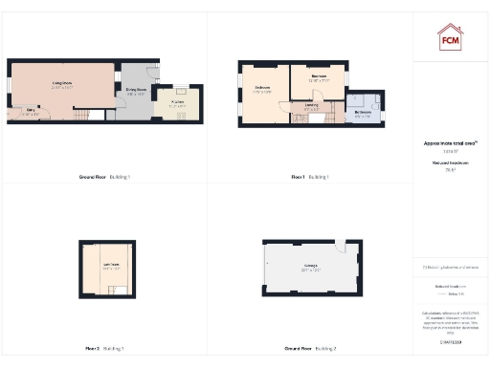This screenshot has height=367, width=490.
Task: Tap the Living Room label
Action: click(x=62, y=83)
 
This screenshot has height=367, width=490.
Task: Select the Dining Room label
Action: click(x=135, y=91)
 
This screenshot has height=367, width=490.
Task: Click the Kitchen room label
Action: click(x=178, y=101)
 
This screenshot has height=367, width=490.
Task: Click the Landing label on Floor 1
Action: click(x=312, y=106)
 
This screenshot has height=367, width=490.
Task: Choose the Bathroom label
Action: click(x=364, y=113)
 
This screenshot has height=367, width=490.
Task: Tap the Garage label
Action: click(x=311, y=264)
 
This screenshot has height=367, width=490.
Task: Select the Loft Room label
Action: click(x=110, y=267)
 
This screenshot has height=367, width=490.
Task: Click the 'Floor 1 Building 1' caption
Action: click(x=311, y=177)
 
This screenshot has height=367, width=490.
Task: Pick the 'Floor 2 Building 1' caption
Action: click(x=105, y=348)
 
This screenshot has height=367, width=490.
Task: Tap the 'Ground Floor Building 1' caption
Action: click(x=103, y=177)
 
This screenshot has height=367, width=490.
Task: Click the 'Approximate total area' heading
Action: click(x=450, y=143)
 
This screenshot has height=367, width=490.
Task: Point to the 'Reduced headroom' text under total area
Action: click(x=450, y=163)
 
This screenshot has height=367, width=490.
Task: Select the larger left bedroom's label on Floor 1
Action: click(x=262, y=89)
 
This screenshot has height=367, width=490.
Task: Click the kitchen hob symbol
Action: click(x=183, y=116)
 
